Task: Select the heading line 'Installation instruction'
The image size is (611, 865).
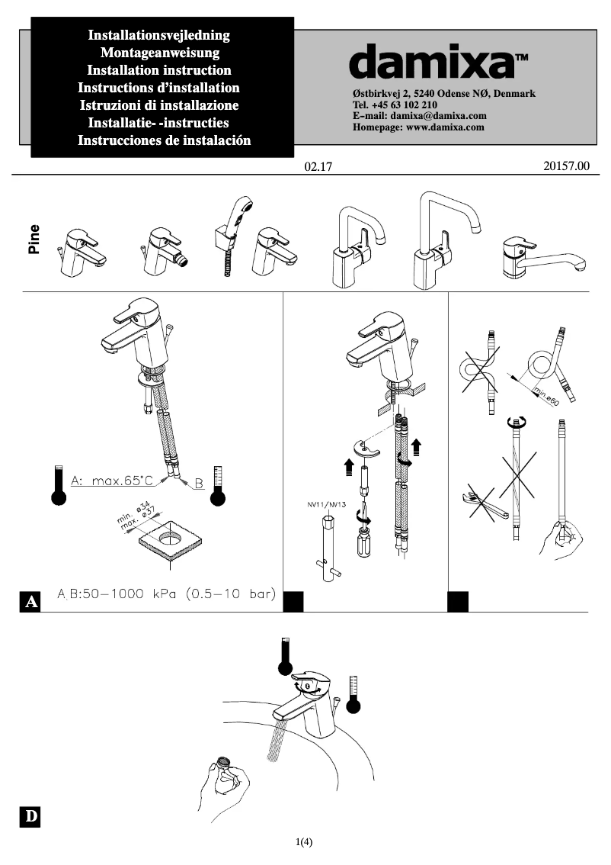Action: (x=160, y=70)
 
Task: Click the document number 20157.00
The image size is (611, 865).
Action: (x=567, y=166)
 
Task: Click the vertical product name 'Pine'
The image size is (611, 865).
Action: (x=34, y=239)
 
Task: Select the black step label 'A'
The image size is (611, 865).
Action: (x=31, y=602)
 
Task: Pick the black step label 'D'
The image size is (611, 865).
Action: (x=30, y=816)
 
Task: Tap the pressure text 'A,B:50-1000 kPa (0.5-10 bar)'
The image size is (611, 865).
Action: (x=166, y=593)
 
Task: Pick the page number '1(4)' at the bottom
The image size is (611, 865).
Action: (x=304, y=842)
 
